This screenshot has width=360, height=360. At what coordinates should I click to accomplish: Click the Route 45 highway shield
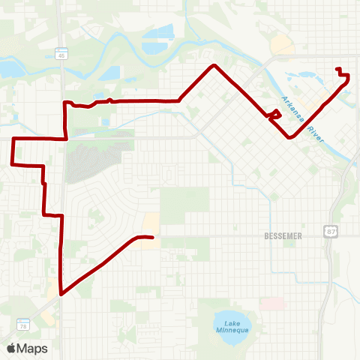[x=59, y=54]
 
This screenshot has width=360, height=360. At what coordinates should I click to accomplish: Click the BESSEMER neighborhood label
[x=283, y=235]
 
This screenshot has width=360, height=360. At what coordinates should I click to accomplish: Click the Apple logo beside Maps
[x=11, y=348]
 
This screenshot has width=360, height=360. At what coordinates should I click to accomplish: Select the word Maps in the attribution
[x=32, y=348]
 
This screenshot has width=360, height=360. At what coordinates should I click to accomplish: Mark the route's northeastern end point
[x=337, y=69]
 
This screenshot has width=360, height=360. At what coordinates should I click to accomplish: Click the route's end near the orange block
[x=152, y=238]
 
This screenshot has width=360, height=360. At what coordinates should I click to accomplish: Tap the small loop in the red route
[x=275, y=115]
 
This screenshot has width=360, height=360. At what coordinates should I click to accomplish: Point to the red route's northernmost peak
[x=215, y=66]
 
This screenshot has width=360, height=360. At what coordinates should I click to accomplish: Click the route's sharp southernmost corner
[x=61, y=294]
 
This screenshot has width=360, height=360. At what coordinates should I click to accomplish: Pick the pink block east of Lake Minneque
[x=271, y=303]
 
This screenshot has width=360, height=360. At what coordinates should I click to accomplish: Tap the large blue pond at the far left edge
[x=9, y=70]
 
